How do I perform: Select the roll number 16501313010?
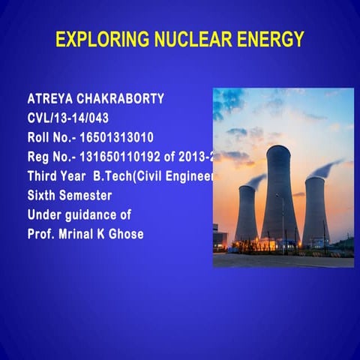(120, 138)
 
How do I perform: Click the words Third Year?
(57, 177)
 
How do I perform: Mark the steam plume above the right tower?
(330, 166)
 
